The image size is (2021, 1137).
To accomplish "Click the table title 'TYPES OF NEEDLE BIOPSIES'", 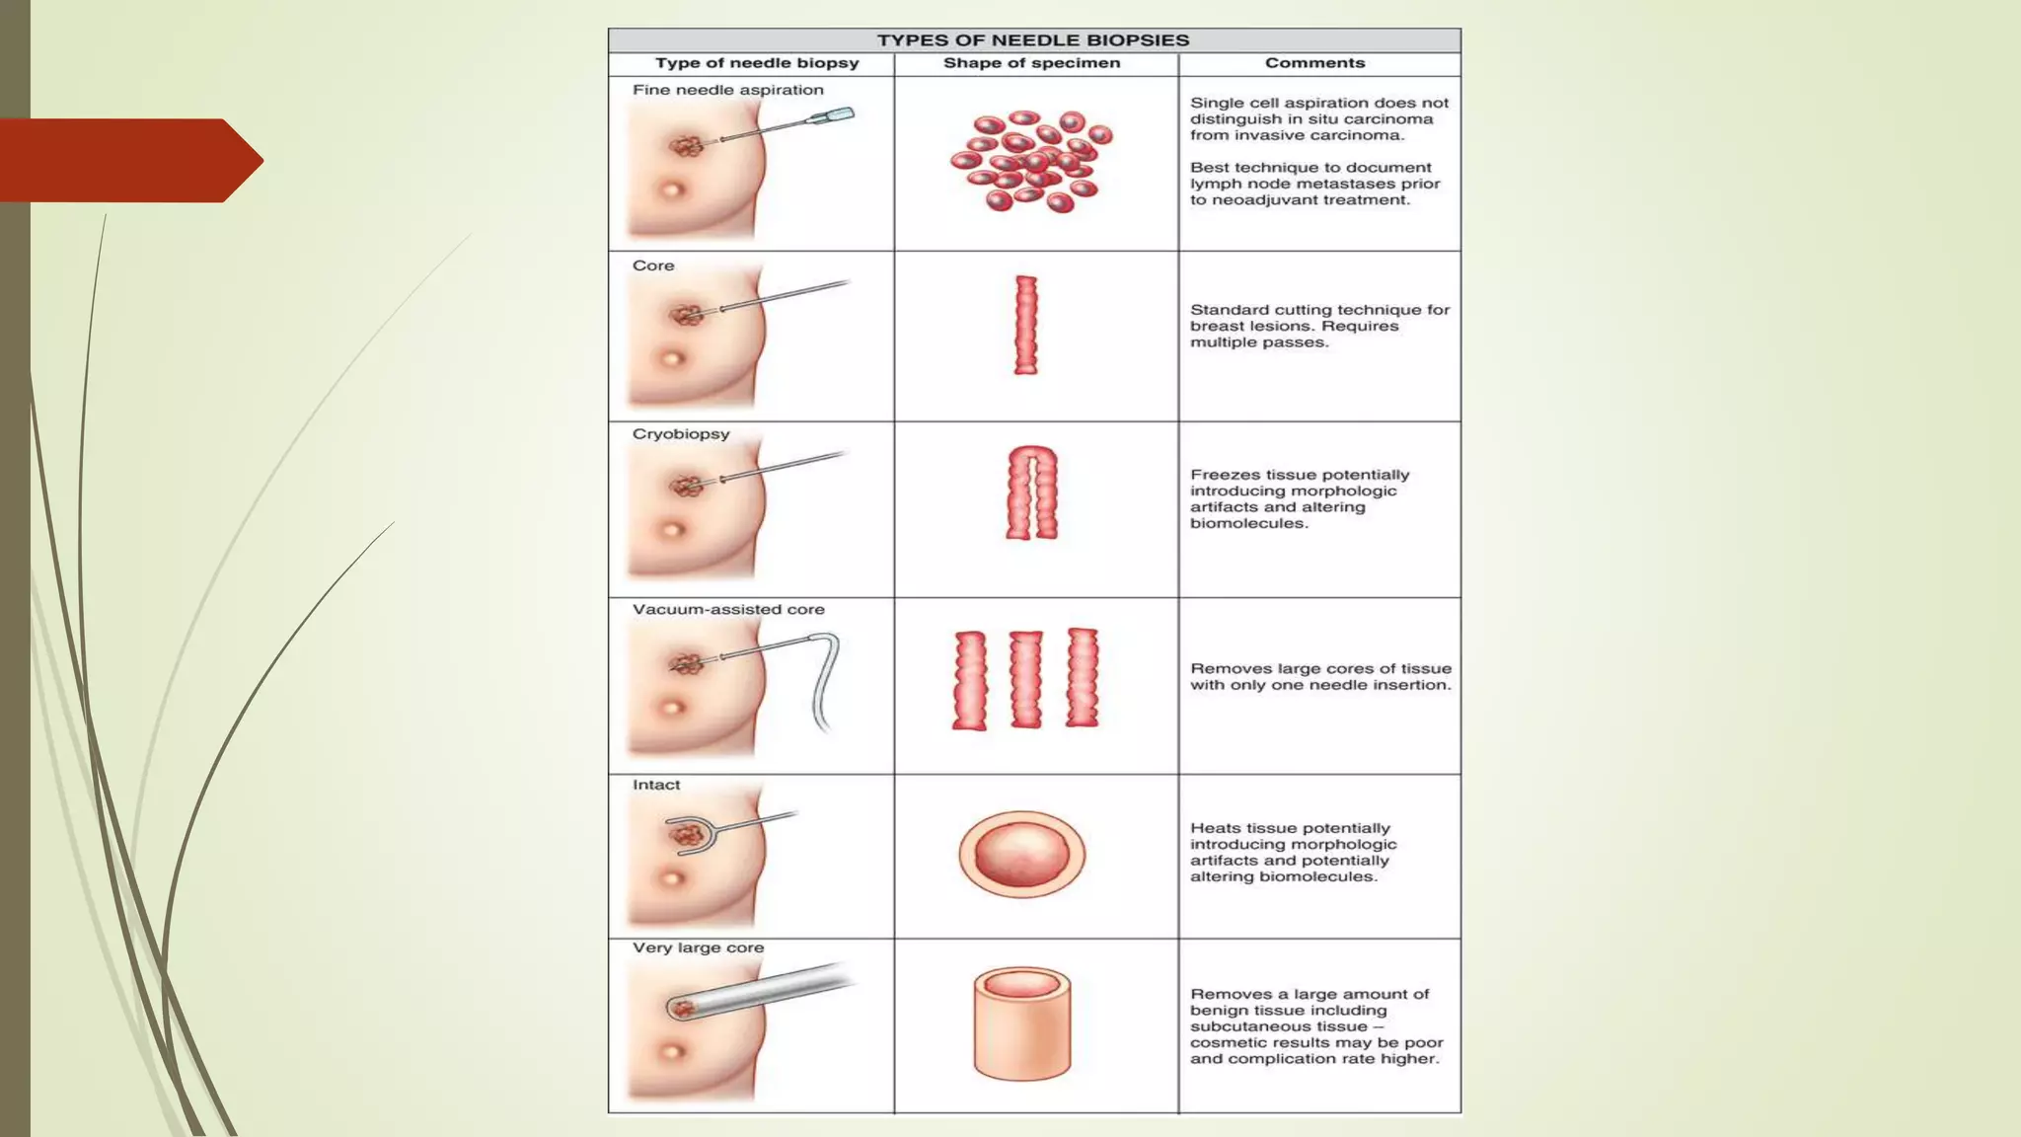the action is (x=1033, y=40).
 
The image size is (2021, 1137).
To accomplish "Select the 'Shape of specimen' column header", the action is (x=1031, y=63).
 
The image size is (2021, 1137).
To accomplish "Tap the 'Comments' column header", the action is (x=1314, y=63).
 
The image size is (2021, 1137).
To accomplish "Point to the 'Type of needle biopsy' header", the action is (x=757, y=63).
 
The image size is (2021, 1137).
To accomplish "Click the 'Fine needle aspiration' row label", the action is (x=727, y=90).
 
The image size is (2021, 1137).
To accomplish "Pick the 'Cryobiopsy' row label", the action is (x=681, y=434).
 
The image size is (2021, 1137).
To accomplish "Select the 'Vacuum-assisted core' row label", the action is (x=728, y=610).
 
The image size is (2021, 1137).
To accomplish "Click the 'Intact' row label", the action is (x=656, y=786).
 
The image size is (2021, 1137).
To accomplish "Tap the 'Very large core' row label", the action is (x=698, y=948).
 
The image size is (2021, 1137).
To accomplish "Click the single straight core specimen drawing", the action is (x=1026, y=325).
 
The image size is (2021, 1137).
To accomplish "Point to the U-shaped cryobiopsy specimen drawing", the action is (x=1031, y=493).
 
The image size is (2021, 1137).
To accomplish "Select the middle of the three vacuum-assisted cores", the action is (x=1025, y=679).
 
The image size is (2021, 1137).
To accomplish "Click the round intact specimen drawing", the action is (x=1021, y=854).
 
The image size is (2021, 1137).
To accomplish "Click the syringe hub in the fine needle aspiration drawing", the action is (x=831, y=117).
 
